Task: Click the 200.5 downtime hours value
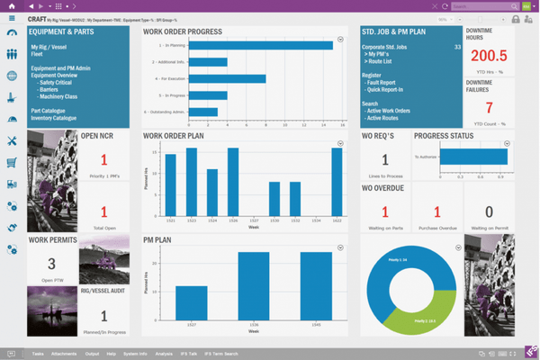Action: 490,56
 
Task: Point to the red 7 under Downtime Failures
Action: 490,104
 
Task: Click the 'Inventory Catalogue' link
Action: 53,118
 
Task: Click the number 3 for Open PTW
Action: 51,264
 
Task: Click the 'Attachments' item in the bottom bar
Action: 64,354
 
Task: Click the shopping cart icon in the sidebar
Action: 12,163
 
